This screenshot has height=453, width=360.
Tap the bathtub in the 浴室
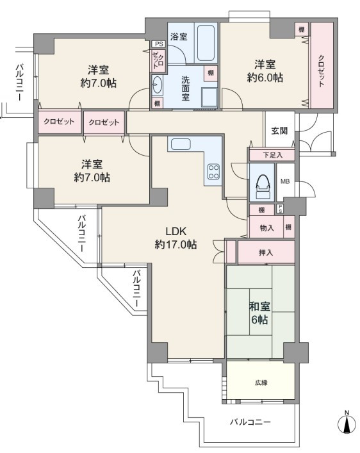pos(206,43)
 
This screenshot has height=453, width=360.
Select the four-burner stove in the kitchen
pos(214,172)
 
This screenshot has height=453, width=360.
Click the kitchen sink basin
pos(181,144)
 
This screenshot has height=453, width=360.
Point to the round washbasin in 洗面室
pos(158,85)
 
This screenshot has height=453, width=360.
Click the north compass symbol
pos(347,423)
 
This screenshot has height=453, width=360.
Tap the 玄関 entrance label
pos(279,131)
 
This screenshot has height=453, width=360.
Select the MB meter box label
pos(285,182)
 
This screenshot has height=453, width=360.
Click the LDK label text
pos(176,231)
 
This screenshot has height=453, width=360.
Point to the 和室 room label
pos(259,306)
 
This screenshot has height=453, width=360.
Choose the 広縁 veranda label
pos(261,383)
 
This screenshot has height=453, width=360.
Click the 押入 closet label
pos(266,253)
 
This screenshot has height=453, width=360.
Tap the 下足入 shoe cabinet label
pos(272,155)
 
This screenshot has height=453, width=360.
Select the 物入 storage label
pos(266,228)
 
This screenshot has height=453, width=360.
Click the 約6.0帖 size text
pos(265,78)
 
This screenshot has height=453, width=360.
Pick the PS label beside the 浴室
pos(159,44)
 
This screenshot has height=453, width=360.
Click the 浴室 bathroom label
pos(179,37)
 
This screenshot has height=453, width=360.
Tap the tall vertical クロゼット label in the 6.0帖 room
pos(322,70)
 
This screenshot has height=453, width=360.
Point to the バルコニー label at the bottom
pos(250,422)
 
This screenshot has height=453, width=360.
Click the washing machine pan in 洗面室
pos(209,97)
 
